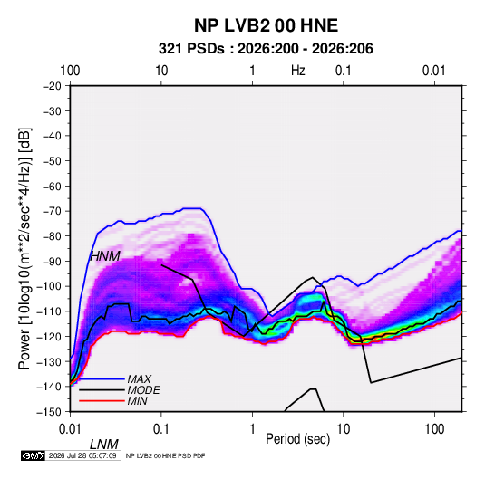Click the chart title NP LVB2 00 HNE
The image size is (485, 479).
tap(266, 25)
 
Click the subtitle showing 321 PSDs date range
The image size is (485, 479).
tap(266, 49)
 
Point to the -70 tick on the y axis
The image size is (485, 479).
tap(52, 211)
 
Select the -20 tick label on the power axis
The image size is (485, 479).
tap(52, 86)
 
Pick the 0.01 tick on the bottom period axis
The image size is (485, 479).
tap(70, 429)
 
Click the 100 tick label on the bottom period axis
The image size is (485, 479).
tap(434, 429)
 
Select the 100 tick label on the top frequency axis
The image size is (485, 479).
tap(70, 71)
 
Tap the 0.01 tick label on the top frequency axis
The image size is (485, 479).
tap(434, 71)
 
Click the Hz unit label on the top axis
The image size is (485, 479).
tap(298, 71)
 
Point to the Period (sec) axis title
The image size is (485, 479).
tap(298, 439)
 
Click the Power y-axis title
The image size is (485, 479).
tap(24, 248)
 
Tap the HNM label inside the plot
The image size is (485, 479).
tap(105, 256)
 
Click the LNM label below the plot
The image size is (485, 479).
tap(104, 445)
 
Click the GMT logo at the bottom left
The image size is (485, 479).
tap(33, 455)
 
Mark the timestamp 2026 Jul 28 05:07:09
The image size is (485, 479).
tap(82, 455)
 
